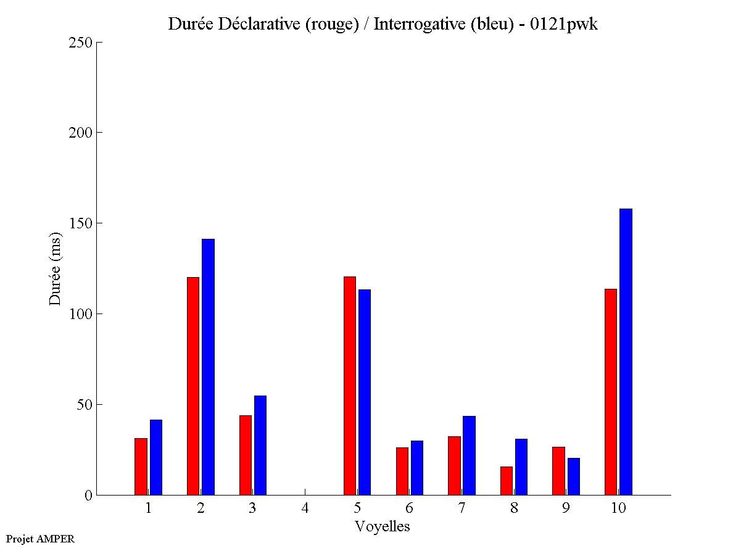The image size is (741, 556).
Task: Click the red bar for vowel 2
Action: tap(193, 386)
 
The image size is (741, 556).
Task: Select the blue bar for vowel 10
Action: tap(626, 352)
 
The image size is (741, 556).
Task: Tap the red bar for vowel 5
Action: tap(350, 386)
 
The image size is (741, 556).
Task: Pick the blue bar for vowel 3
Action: tap(260, 445)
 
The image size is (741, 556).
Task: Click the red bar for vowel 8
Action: tap(507, 481)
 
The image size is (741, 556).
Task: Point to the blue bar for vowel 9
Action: tap(574, 476)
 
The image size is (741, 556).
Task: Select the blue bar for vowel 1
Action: tap(156, 457)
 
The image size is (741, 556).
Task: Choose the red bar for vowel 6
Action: tap(402, 471)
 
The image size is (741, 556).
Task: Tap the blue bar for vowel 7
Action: tap(469, 455)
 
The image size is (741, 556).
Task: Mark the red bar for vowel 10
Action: tap(611, 392)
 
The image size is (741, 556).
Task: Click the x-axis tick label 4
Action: tap(305, 508)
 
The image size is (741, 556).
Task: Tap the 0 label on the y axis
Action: tap(88, 496)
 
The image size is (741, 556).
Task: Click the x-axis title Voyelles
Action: tap(382, 526)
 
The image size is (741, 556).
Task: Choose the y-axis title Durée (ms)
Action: tap(56, 269)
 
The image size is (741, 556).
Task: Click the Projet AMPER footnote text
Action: tap(40, 539)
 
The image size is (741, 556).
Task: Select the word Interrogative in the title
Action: tap(412, 24)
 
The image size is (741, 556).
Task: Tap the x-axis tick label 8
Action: tap(514, 508)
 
